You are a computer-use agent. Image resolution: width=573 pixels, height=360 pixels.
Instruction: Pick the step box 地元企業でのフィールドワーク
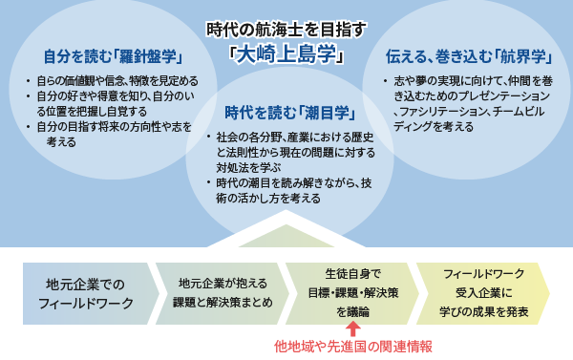pyautogui.click(x=86, y=293)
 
